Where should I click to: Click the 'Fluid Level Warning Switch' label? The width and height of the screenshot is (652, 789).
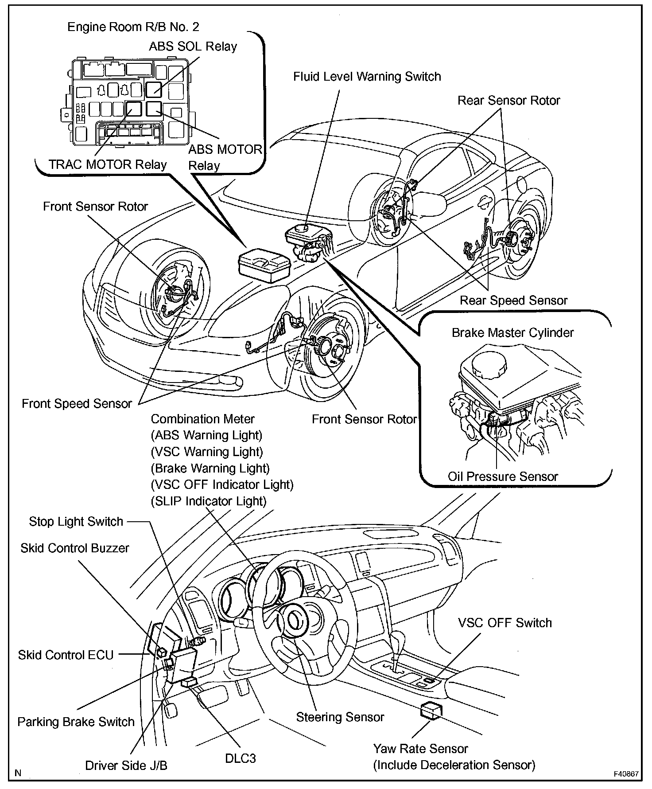367,77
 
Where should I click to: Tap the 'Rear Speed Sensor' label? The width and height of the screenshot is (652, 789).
513,301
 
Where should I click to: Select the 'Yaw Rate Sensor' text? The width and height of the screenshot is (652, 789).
420,749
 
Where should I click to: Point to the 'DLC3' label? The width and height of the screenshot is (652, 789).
240,758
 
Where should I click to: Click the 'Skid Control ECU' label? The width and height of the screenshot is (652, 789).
66,655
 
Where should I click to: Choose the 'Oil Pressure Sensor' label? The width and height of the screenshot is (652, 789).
503,477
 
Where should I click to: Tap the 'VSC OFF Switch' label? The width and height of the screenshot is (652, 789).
505,623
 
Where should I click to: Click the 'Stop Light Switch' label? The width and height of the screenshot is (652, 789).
76,521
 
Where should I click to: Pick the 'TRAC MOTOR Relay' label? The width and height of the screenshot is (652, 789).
108,164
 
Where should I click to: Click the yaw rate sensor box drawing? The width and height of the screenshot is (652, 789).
431,710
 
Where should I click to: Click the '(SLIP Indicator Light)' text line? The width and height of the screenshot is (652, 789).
209,501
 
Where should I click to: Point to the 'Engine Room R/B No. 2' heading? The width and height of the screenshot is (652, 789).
133,27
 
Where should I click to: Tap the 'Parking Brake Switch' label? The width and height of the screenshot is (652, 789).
76,722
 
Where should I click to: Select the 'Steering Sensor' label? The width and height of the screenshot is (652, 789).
340,717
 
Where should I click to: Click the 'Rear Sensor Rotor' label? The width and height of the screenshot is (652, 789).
508,101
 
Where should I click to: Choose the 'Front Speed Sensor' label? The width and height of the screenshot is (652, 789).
77,403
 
